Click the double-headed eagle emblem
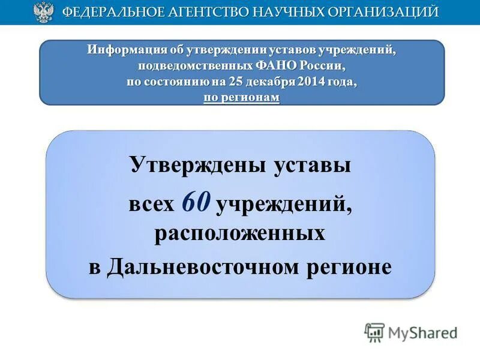click(43, 13)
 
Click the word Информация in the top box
click(119, 49)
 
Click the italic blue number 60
click(196, 203)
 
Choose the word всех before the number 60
click(151, 205)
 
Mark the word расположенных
click(240, 233)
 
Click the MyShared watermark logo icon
click(374, 332)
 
